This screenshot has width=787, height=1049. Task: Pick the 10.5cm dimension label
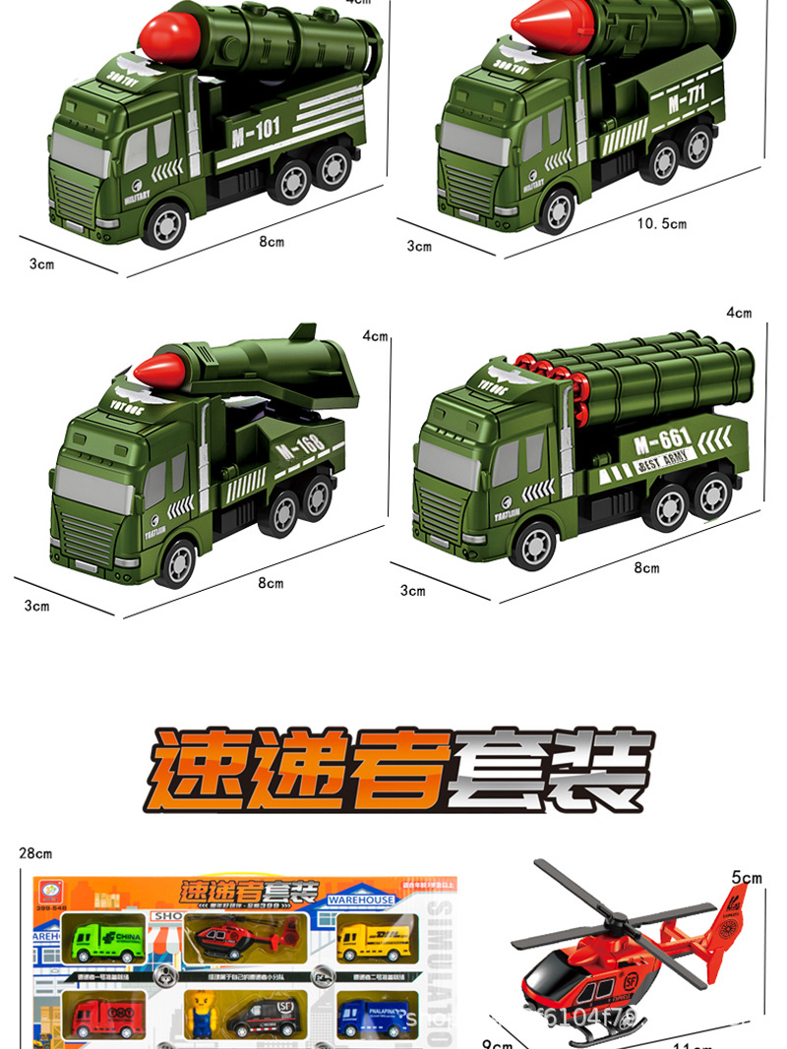661,224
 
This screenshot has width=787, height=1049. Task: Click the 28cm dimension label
34,853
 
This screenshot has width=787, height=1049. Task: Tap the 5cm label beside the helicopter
747,877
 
